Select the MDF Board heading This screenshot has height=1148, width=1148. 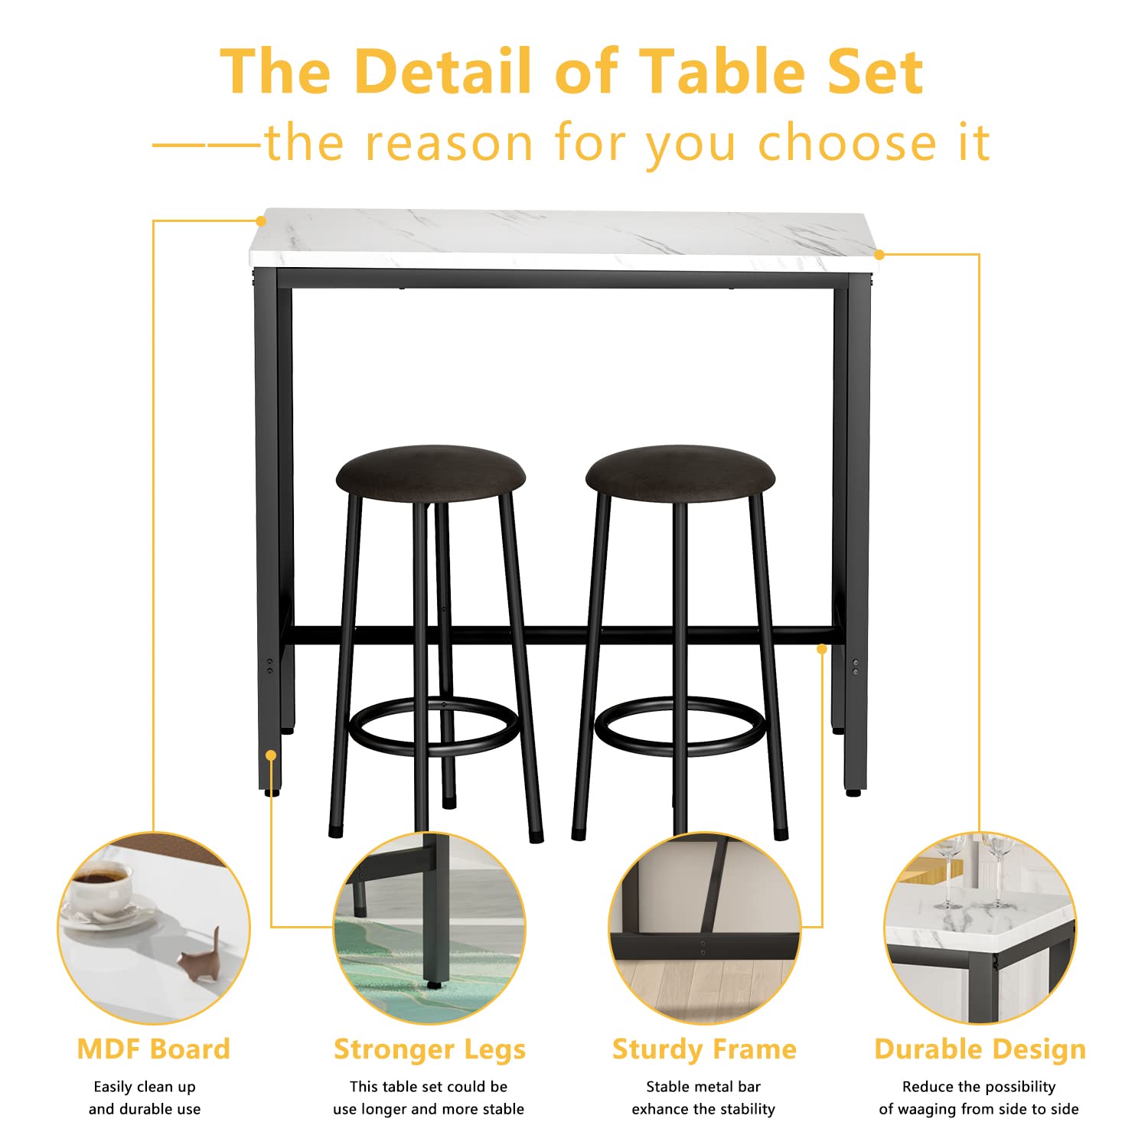[x=154, y=1049]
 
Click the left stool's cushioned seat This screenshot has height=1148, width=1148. [x=431, y=473]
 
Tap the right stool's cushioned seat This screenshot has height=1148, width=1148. [x=680, y=473]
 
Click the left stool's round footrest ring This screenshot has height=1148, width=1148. [x=434, y=746]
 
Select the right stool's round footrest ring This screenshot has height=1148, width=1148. [x=680, y=746]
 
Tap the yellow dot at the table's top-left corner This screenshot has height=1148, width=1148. [x=261, y=221]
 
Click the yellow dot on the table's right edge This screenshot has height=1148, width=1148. [x=879, y=254]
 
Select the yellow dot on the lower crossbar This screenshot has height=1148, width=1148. [x=822, y=649]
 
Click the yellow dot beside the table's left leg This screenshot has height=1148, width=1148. [x=271, y=755]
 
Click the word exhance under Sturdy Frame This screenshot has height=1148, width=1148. [x=658, y=1109]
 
